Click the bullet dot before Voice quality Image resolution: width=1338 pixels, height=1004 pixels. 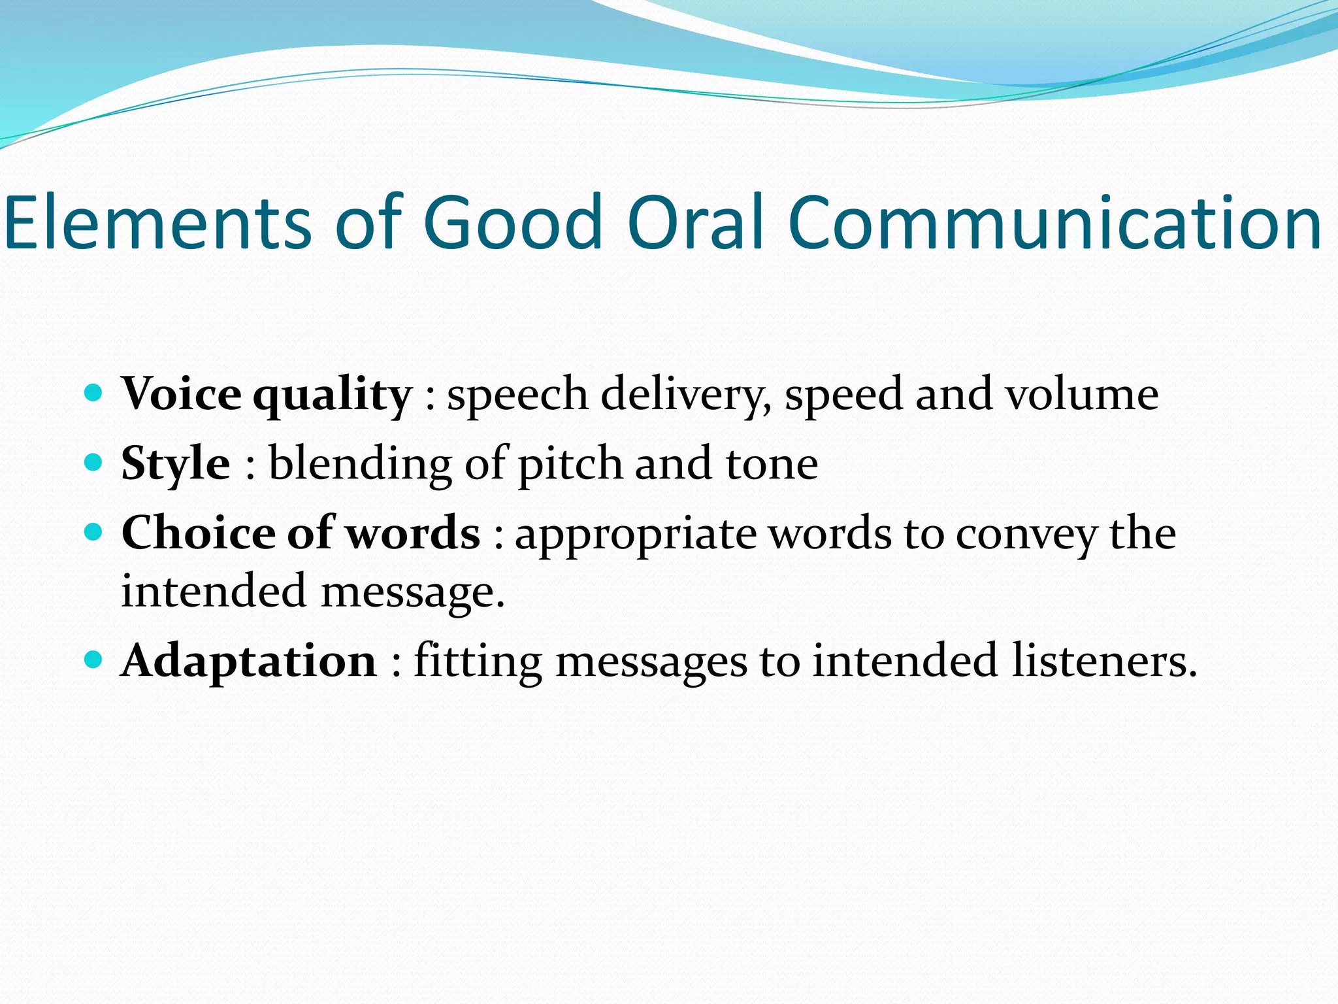click(94, 393)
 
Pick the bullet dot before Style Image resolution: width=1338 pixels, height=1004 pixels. click(94, 463)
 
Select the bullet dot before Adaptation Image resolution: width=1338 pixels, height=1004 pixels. click(94, 660)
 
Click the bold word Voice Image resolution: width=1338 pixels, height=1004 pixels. click(182, 394)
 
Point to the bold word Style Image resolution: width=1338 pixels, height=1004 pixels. click(175, 464)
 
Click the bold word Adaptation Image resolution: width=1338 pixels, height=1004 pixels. click(249, 661)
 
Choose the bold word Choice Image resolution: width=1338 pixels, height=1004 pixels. click(199, 533)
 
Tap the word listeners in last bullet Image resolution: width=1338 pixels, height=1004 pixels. click(1104, 661)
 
